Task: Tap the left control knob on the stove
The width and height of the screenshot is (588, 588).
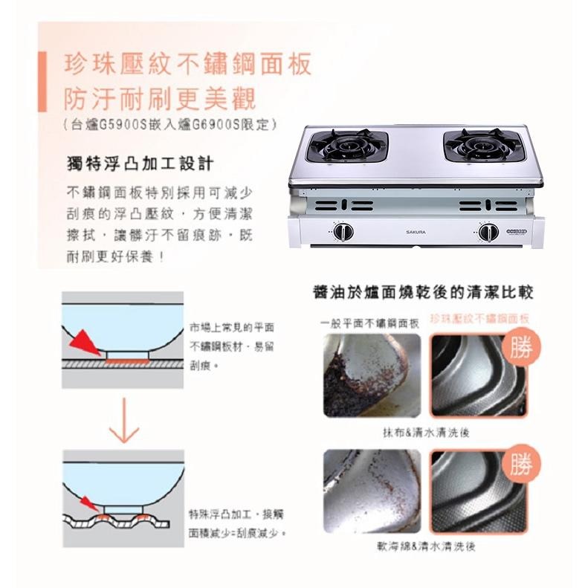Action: tap(343, 232)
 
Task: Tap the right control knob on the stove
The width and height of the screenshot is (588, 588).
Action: tap(488, 232)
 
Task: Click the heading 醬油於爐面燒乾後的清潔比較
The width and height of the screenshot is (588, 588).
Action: tap(423, 291)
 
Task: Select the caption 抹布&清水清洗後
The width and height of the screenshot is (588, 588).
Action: tap(425, 432)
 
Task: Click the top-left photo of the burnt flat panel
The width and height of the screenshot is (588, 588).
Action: tap(372, 375)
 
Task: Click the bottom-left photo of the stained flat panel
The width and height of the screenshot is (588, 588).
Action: tap(372, 491)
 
